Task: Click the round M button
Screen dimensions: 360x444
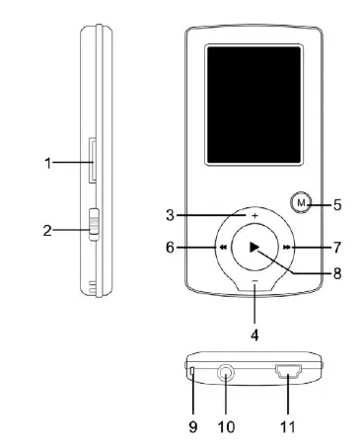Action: (x=301, y=202)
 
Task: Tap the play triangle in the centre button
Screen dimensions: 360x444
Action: (x=254, y=247)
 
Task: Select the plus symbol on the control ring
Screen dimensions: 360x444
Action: (x=254, y=216)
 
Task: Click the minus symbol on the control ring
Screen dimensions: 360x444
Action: (x=254, y=281)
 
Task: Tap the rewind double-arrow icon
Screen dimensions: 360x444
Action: (x=223, y=248)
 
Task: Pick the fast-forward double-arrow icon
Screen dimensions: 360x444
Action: (x=287, y=248)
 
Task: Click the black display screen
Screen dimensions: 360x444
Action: (x=253, y=105)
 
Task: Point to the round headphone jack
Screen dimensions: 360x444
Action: (x=226, y=373)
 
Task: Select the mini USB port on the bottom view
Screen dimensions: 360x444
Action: (x=289, y=371)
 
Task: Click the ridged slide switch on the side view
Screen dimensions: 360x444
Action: (x=94, y=225)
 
